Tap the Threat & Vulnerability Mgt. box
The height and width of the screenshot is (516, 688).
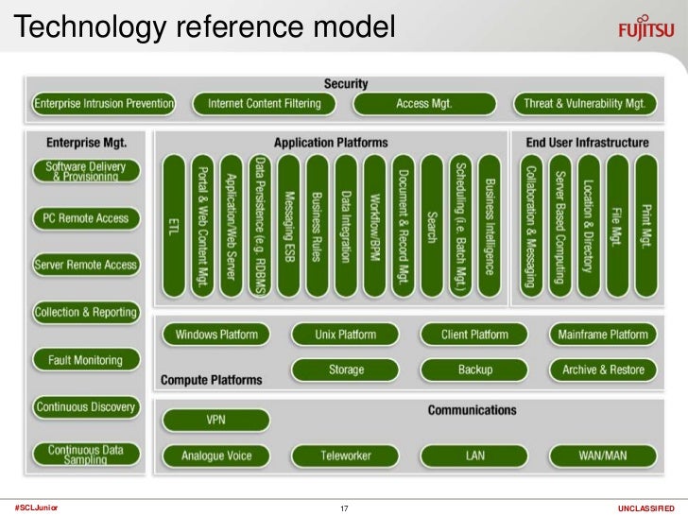(584, 103)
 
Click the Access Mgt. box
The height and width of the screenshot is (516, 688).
(425, 103)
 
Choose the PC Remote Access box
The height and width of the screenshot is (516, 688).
(85, 218)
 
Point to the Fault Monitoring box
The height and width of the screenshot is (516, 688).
(85, 360)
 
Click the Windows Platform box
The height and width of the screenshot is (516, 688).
(216, 335)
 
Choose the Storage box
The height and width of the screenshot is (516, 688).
(346, 370)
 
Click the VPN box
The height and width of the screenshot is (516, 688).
(216, 419)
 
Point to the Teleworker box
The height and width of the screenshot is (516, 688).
(346, 456)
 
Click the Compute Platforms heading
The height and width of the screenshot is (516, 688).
(211, 380)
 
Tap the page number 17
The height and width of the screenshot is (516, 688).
(344, 508)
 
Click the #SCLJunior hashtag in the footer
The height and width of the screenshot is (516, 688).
(36, 507)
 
